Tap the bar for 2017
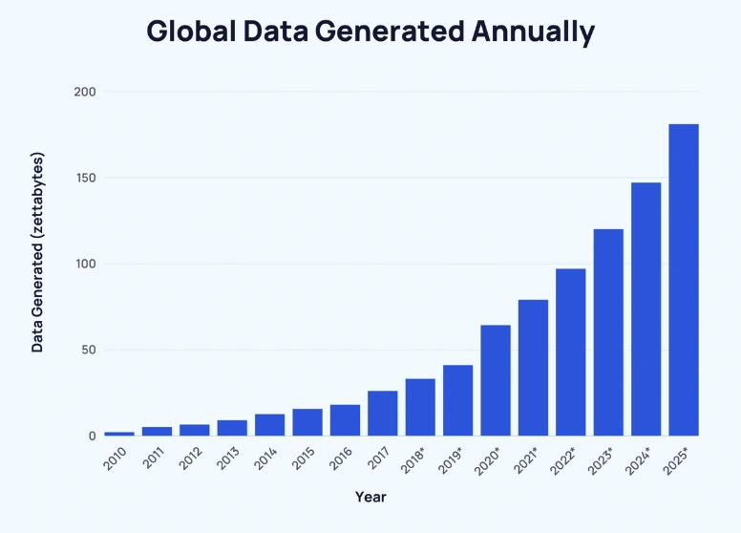[383, 413]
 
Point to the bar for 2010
[119, 434]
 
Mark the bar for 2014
[270, 424]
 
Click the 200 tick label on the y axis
[85, 92]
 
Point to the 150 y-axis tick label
[85, 178]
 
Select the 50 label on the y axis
[89, 350]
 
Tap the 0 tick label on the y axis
[93, 436]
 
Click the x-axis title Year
[370, 498]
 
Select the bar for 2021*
[533, 368]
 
